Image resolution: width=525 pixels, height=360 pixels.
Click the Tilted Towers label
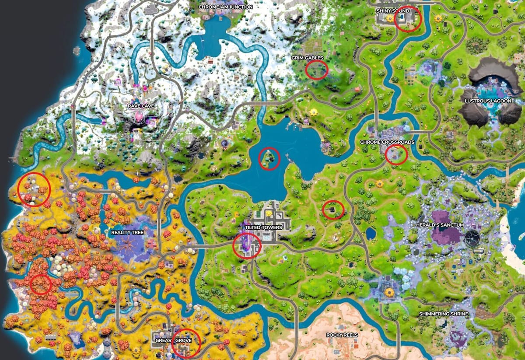coord(262,227)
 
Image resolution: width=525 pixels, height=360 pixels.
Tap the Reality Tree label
coord(126,232)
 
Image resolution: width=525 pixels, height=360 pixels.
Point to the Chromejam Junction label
coord(225,7)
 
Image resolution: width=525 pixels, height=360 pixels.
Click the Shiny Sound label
coord(393,10)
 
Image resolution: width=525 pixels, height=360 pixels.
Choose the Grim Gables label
coord(307,58)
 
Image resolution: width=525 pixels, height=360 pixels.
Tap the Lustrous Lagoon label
coord(488,101)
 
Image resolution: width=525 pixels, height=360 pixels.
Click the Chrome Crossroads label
coord(387,142)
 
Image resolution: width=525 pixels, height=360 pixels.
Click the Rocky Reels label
coord(342,335)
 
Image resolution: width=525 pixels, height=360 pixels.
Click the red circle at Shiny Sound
coord(407,19)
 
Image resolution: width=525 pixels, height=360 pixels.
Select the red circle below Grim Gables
coord(316,70)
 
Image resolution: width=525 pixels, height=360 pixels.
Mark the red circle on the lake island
coord(269,158)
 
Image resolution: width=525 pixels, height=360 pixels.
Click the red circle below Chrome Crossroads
coord(396,154)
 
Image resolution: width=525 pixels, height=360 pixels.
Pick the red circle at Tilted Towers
coord(247,246)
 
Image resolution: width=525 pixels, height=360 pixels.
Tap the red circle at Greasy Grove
coord(186,342)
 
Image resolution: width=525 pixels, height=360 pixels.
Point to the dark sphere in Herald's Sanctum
coord(472,238)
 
